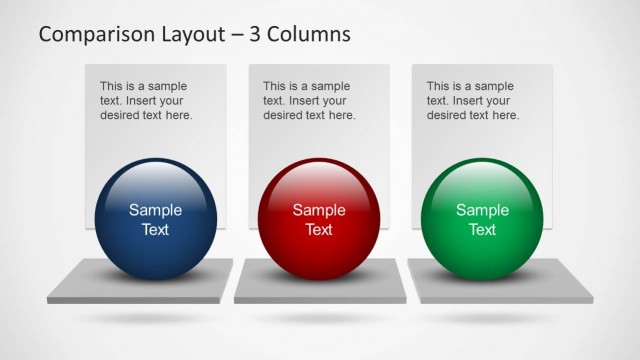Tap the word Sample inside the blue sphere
(156, 210)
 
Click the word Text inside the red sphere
(319, 230)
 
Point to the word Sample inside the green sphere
(482, 210)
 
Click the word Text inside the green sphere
(482, 230)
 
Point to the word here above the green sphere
(505, 115)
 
